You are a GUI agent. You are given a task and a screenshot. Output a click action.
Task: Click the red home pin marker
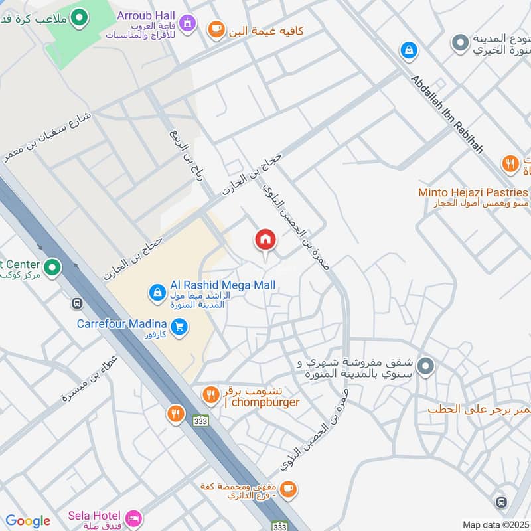tap(265, 240)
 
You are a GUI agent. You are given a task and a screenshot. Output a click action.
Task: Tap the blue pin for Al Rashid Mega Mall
tap(157, 291)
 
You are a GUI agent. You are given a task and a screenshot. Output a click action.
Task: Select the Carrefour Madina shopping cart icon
tap(178, 326)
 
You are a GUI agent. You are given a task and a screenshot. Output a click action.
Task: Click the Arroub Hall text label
tap(146, 15)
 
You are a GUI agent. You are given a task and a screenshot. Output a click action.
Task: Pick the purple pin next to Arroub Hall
tap(189, 23)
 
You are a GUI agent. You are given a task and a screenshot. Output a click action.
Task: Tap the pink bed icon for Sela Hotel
tap(133, 517)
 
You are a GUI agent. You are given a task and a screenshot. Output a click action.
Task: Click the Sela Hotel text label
tap(94, 516)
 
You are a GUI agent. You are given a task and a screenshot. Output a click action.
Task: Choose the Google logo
tap(28, 521)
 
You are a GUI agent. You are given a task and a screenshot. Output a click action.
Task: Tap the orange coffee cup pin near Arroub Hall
tap(215, 29)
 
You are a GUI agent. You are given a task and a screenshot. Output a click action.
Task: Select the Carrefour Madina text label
tap(121, 324)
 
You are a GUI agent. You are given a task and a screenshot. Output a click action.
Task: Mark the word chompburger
tap(262, 402)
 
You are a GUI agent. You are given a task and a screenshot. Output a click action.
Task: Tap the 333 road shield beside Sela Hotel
tap(280, 526)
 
